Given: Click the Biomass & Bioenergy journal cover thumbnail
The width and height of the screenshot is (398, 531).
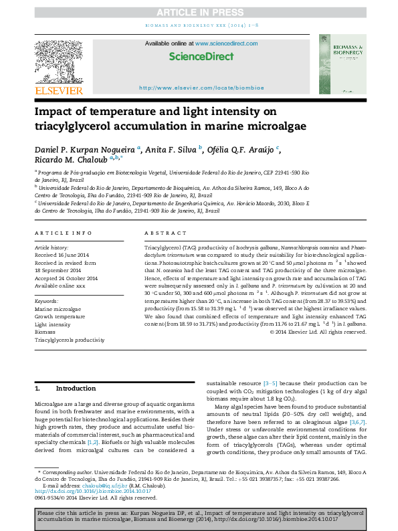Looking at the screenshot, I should (342, 66).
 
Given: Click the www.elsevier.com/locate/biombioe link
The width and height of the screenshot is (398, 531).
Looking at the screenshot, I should (201, 88).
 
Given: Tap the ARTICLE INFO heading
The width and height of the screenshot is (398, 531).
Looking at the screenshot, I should (64, 233).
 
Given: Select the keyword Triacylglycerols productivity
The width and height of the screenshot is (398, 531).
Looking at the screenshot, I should (70, 340).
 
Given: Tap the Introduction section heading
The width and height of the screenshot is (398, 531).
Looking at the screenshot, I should (76, 388).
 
